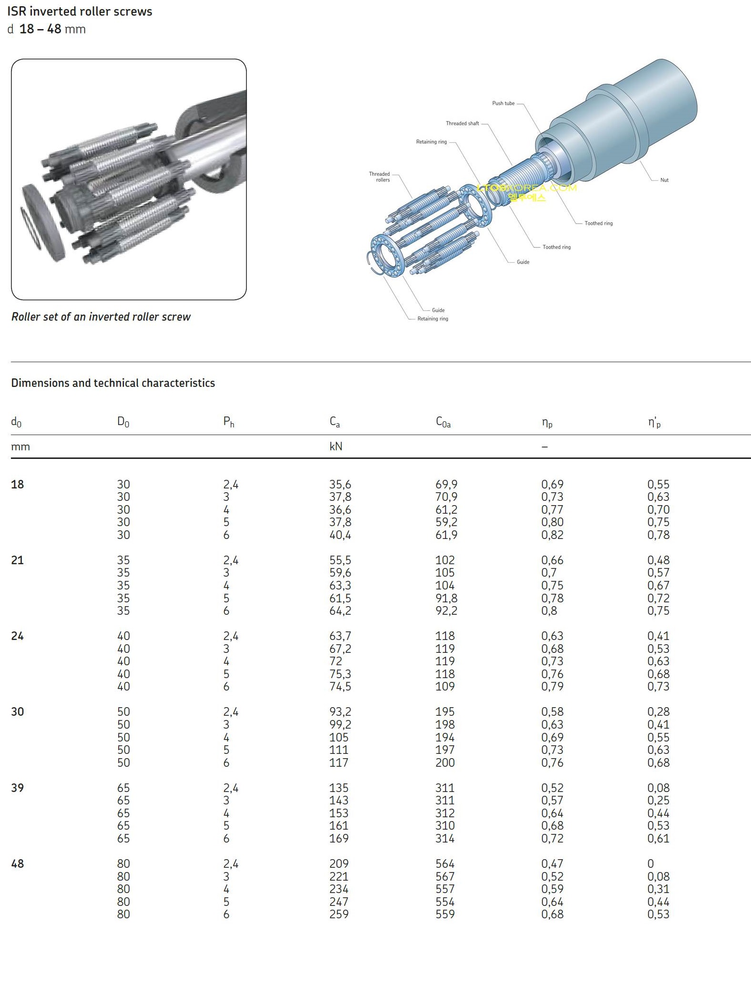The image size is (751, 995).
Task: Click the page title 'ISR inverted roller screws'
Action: click(x=80, y=11)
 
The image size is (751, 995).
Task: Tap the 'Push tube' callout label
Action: click(x=503, y=103)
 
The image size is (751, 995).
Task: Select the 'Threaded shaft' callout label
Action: click(x=462, y=123)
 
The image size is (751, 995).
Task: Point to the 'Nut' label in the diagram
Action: click(x=664, y=180)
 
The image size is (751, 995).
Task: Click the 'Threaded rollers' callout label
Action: click(x=380, y=177)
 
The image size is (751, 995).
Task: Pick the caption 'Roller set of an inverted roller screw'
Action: click(x=101, y=317)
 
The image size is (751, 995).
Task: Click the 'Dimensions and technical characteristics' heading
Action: click(x=113, y=383)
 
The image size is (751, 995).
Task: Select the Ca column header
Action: click(x=335, y=422)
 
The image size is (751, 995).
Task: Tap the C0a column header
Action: click(x=443, y=422)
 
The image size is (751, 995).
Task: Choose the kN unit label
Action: click(x=335, y=447)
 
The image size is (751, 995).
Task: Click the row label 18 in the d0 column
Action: click(x=18, y=485)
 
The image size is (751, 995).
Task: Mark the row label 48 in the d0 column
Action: click(x=18, y=863)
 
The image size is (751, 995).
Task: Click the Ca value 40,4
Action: click(x=340, y=535)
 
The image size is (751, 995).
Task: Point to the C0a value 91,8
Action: click(x=446, y=598)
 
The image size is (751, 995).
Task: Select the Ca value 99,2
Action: click(x=340, y=724)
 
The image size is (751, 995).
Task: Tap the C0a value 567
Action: click(x=445, y=876)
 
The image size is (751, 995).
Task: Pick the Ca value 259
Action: click(x=339, y=914)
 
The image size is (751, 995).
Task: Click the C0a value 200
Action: click(x=445, y=762)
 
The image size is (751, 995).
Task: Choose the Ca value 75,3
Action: click(x=340, y=674)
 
